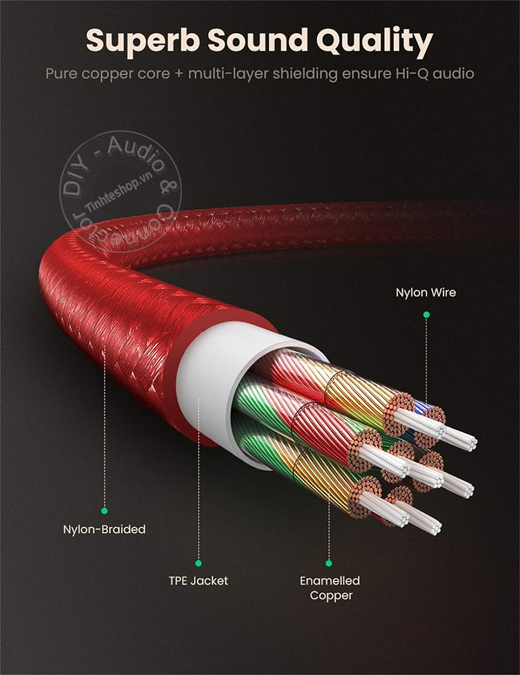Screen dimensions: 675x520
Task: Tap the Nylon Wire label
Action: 426,292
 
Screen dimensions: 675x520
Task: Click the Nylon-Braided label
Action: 104,529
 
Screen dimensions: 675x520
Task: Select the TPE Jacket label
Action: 198,580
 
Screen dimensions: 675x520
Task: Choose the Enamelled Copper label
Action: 330,587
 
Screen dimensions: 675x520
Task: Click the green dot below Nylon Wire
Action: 426,314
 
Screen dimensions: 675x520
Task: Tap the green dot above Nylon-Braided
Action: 104,511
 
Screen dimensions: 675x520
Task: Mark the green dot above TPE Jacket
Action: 199,563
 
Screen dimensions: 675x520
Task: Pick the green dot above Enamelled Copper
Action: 329,563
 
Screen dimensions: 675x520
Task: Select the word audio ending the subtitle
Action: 453,73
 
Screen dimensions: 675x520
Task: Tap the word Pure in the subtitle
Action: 62,73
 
